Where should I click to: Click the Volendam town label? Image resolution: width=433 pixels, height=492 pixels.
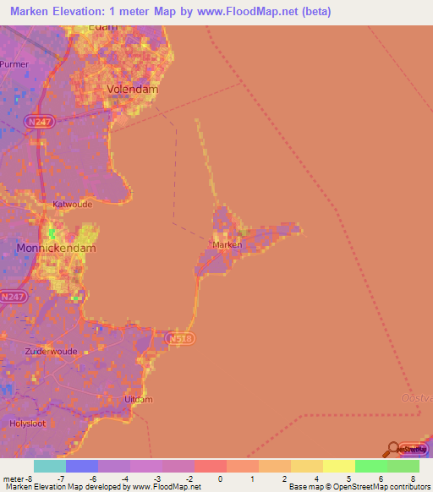coord(132,89)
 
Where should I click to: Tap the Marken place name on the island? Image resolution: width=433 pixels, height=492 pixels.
coord(227,245)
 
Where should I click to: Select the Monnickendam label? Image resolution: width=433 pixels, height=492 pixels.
coord(56,249)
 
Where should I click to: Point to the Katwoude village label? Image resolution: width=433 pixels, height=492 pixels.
coord(72,204)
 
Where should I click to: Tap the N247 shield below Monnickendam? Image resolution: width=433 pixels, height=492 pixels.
coord(13,297)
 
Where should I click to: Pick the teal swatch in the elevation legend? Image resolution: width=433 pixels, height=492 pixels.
coord(49,466)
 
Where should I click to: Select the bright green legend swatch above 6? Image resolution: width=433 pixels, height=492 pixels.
coord(370,466)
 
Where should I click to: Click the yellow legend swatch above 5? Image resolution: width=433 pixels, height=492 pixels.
coord(338,466)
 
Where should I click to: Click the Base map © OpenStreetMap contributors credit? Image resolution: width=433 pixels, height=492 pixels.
coord(359,487)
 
